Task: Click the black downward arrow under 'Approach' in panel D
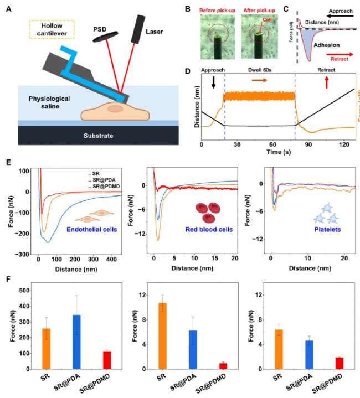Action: (214, 84)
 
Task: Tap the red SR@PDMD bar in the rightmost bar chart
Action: (322, 363)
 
